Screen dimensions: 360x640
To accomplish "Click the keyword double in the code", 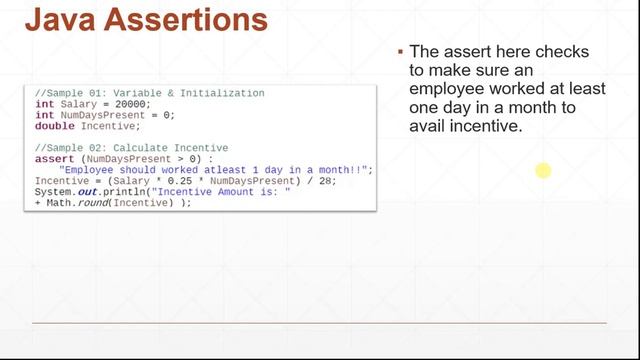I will pos(55,126).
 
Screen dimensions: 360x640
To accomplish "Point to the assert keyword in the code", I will pos(55,158).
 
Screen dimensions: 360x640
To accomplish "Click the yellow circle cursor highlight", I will pos(543,172).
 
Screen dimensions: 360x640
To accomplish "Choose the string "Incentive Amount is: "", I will pos(224,191).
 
